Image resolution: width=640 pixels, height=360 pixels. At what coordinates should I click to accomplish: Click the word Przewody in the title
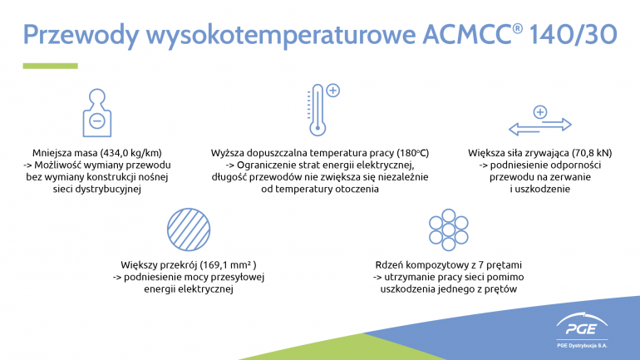coord(81,35)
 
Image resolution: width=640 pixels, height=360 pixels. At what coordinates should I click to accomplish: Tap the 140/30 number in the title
coord(573,34)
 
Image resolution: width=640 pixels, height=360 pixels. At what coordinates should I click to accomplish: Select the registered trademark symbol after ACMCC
coord(517,28)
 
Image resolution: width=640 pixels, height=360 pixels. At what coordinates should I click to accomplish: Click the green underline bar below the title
coord(50,66)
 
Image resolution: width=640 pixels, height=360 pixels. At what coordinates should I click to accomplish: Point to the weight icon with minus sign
coord(97,112)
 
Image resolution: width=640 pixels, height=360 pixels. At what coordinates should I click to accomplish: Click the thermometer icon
coord(318,111)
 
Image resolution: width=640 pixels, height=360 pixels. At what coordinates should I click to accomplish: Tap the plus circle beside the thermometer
coord(333,90)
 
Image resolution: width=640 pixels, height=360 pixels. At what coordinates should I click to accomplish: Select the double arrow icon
coord(540,126)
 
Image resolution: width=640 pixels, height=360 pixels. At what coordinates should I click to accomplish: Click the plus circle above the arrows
coord(540,112)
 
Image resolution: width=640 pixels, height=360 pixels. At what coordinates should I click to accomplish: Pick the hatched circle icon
coord(189,229)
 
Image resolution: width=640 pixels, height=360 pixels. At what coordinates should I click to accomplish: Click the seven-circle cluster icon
coord(448,229)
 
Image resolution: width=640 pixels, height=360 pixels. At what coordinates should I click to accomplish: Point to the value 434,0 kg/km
coord(131,153)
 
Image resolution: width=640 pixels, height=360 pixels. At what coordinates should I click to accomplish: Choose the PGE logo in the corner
coord(582,324)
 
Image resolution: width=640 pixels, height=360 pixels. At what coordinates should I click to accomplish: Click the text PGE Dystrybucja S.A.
coord(582,346)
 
